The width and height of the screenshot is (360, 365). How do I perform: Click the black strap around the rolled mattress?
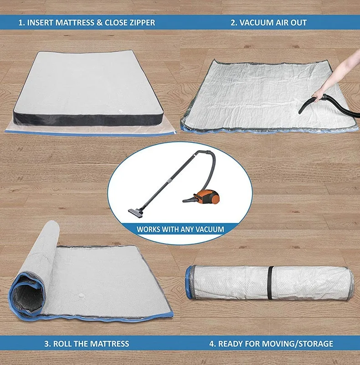270,283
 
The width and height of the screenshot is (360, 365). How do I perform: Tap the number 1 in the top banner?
20,22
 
